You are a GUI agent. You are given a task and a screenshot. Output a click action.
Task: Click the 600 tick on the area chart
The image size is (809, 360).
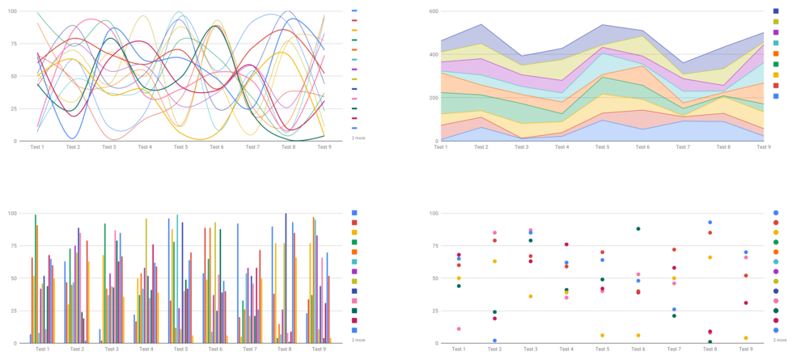pos(434,11)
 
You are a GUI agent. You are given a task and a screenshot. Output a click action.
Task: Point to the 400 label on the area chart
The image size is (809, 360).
pos(434,54)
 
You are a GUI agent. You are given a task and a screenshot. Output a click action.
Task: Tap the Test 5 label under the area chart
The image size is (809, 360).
pos(602,147)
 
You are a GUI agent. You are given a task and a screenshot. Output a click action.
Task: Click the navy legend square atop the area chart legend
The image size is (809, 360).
pos(777,11)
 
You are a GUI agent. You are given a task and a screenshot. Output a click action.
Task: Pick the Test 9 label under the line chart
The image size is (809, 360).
pos(324,147)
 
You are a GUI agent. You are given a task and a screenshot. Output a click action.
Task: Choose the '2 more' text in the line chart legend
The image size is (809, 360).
pos(358,138)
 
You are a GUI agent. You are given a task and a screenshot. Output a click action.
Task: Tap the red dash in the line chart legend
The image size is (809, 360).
pos(354,20)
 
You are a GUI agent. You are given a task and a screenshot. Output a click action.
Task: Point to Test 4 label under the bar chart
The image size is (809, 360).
pos(146,349)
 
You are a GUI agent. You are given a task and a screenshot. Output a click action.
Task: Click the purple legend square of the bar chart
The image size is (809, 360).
pos(354,271)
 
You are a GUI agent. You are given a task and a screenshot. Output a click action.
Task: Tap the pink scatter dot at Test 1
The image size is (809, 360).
pos(459,329)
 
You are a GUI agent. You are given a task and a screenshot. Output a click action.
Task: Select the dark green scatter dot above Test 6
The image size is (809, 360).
pos(637,229)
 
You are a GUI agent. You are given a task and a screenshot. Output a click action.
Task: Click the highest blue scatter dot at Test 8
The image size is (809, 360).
pos(710,222)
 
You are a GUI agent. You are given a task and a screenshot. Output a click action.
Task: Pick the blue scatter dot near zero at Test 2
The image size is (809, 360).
pos(494,341)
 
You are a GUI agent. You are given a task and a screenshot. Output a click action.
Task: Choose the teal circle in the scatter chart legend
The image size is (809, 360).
pos(777,261)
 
